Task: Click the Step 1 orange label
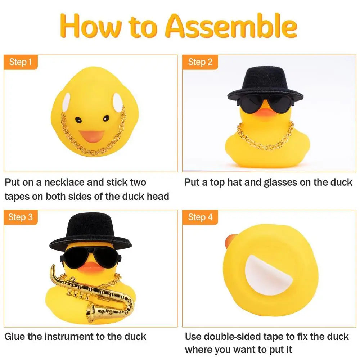(x=21, y=62)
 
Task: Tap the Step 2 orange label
(x=200, y=62)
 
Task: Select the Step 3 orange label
(x=21, y=217)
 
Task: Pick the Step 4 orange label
(x=200, y=217)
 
